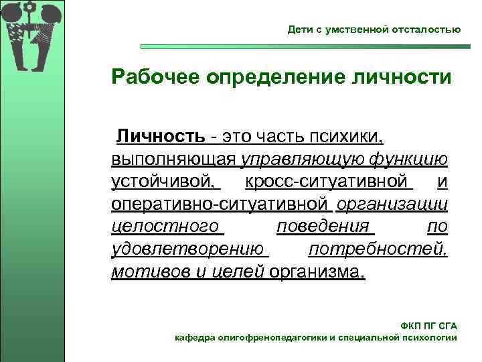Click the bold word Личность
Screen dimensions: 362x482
tap(161, 137)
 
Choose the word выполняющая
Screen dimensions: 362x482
tap(174, 160)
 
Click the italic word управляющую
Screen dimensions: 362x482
tap(298, 160)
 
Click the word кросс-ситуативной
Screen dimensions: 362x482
tap(327, 182)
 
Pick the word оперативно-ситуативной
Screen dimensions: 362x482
tap(220, 204)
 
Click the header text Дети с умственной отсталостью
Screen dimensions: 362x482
tap(374, 30)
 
